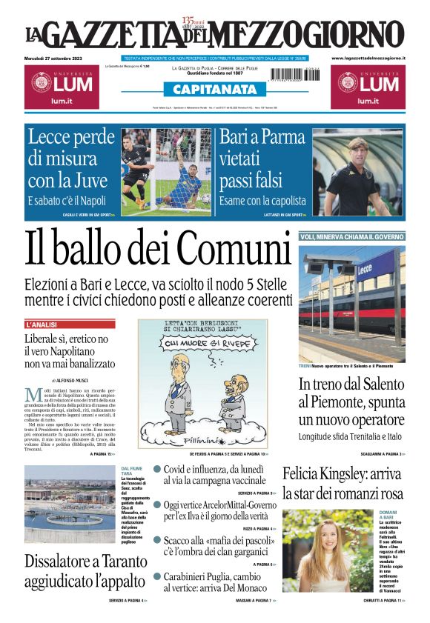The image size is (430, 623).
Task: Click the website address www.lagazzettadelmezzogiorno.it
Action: coord(368,58)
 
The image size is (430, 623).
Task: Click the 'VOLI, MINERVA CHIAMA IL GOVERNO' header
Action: coord(351,236)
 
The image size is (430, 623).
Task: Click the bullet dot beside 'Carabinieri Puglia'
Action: coord(157,576)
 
